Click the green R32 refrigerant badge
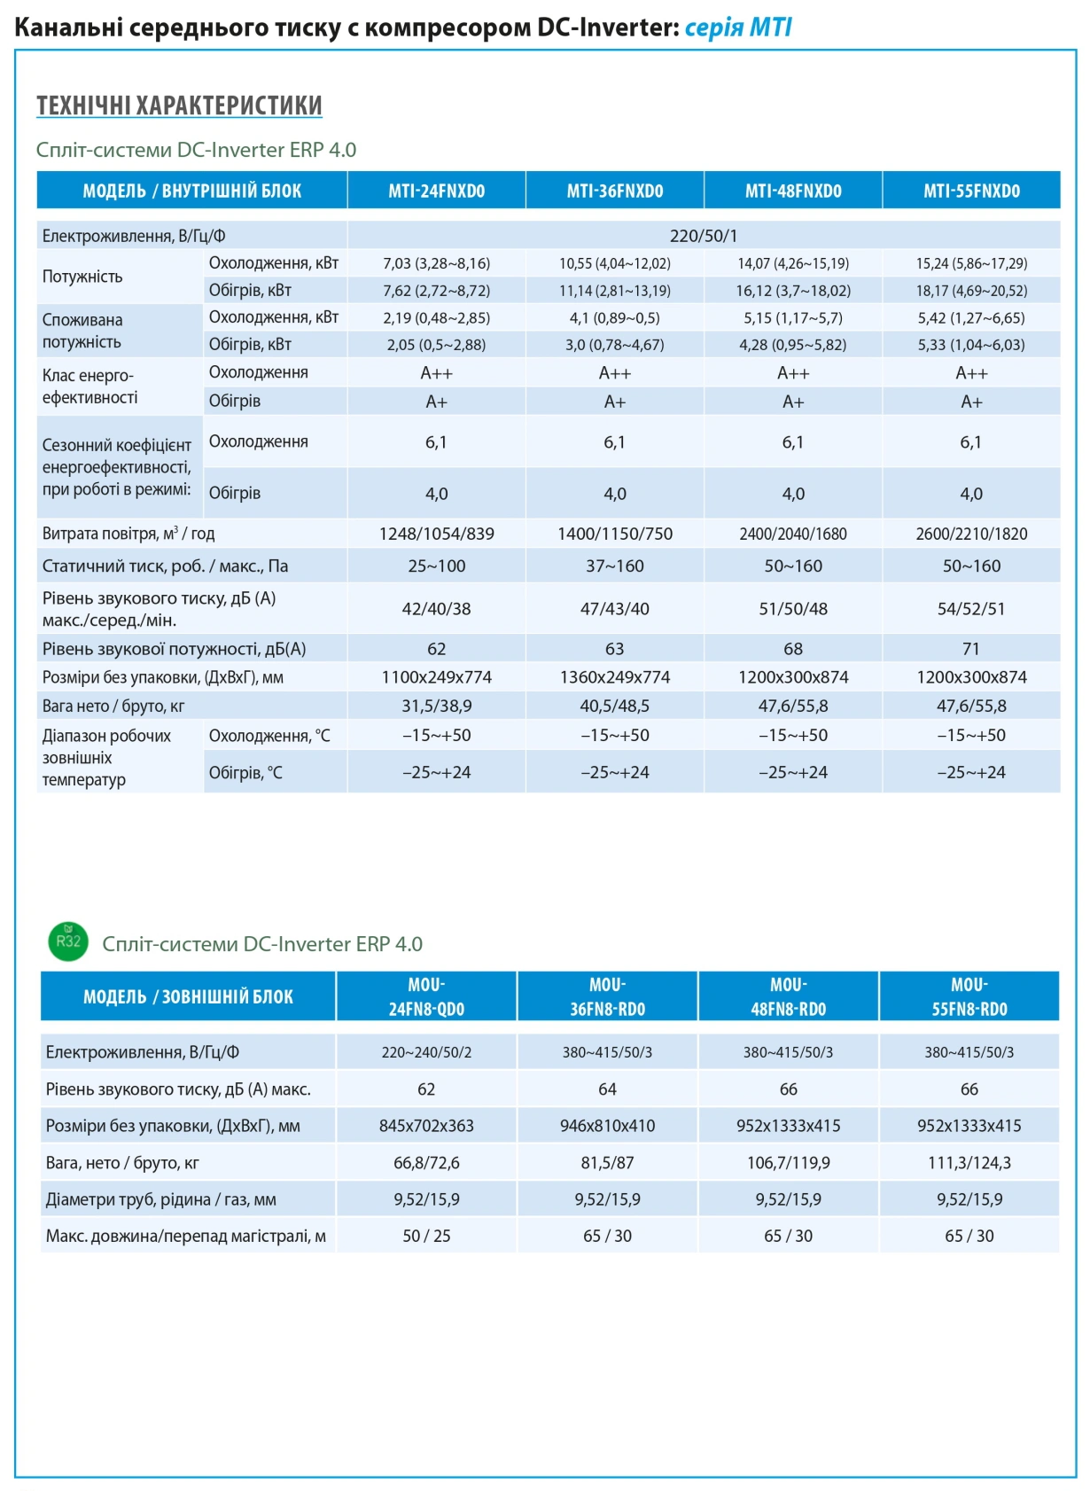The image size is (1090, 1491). (68, 941)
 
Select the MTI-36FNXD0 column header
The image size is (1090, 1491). (615, 191)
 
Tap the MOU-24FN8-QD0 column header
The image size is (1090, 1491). (426, 996)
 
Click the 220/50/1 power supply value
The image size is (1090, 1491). (704, 236)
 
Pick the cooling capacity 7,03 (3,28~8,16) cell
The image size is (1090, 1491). (437, 263)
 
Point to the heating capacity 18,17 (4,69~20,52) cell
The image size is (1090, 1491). (971, 291)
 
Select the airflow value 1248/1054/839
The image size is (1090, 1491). (437, 534)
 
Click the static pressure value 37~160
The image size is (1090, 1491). (615, 566)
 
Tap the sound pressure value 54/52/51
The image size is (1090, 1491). (971, 609)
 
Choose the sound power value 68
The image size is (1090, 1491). (793, 649)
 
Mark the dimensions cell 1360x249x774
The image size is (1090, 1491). (615, 677)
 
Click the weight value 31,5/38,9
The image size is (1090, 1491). (437, 706)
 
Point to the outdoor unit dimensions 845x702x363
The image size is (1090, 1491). (426, 1126)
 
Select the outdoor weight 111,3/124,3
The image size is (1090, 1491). (969, 1163)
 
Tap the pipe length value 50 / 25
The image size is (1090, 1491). (426, 1236)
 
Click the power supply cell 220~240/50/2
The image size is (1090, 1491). (426, 1052)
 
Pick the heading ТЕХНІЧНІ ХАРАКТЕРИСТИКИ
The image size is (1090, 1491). (179, 105)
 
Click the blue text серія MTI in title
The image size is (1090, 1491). (738, 28)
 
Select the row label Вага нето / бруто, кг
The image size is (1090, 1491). (113, 706)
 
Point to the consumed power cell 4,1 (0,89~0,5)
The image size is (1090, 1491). (615, 318)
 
